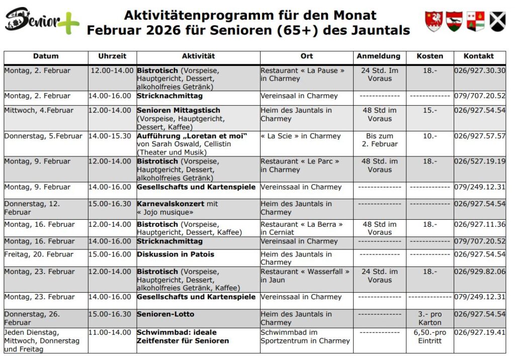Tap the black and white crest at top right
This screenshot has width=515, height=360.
(x=497, y=21)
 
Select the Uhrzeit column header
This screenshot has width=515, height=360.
(x=112, y=56)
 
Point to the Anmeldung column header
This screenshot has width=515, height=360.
(x=379, y=56)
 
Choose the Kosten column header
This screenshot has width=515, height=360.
(x=430, y=56)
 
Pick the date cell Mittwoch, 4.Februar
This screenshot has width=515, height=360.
(x=39, y=111)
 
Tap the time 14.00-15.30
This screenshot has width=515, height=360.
(x=111, y=136)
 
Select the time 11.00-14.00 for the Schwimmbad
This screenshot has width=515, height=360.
(x=111, y=332)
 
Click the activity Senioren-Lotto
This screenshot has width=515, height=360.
(x=165, y=314)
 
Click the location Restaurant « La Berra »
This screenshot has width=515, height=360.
(x=302, y=224)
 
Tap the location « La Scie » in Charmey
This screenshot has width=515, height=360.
(x=300, y=136)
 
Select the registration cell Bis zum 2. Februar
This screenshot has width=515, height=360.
(x=379, y=140)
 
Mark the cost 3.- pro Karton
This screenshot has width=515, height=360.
(x=430, y=318)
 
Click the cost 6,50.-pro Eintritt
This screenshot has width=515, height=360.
(x=430, y=336)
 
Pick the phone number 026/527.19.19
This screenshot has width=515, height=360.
(x=479, y=161)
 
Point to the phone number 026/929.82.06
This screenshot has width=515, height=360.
(x=479, y=272)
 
